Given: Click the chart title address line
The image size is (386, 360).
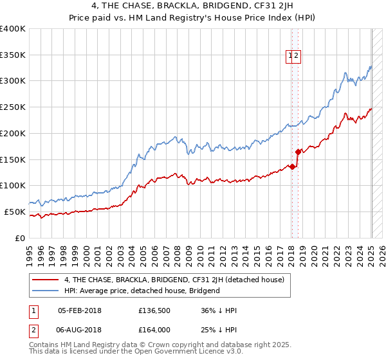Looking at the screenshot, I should pyautogui.click(x=193, y=7).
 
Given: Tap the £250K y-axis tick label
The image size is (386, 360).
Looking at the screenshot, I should pyautogui.click(x=13, y=107).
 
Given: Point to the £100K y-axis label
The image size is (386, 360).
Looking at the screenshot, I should pyautogui.click(x=13, y=186).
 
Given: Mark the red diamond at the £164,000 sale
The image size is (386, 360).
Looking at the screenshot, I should pyautogui.click(x=299, y=152).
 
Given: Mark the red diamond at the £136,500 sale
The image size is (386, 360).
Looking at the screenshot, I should pyautogui.click(x=293, y=166).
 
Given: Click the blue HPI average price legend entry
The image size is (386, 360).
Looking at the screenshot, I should pyautogui.click(x=142, y=291).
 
